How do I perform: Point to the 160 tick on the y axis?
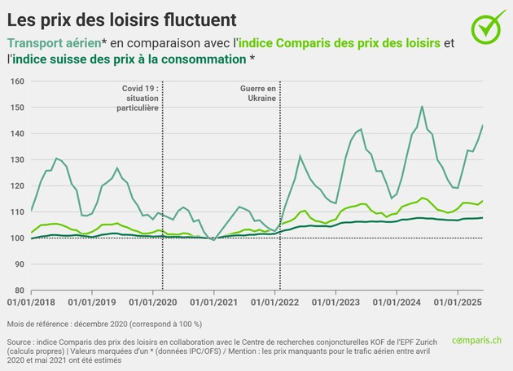(17, 81)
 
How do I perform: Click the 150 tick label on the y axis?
(17, 107)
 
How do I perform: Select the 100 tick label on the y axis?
(17, 238)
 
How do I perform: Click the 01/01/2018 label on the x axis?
(31, 303)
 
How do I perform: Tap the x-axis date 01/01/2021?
(213, 303)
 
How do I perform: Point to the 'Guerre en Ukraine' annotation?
(258, 92)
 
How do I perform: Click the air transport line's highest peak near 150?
(422, 107)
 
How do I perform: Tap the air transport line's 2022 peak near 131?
(300, 155)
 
